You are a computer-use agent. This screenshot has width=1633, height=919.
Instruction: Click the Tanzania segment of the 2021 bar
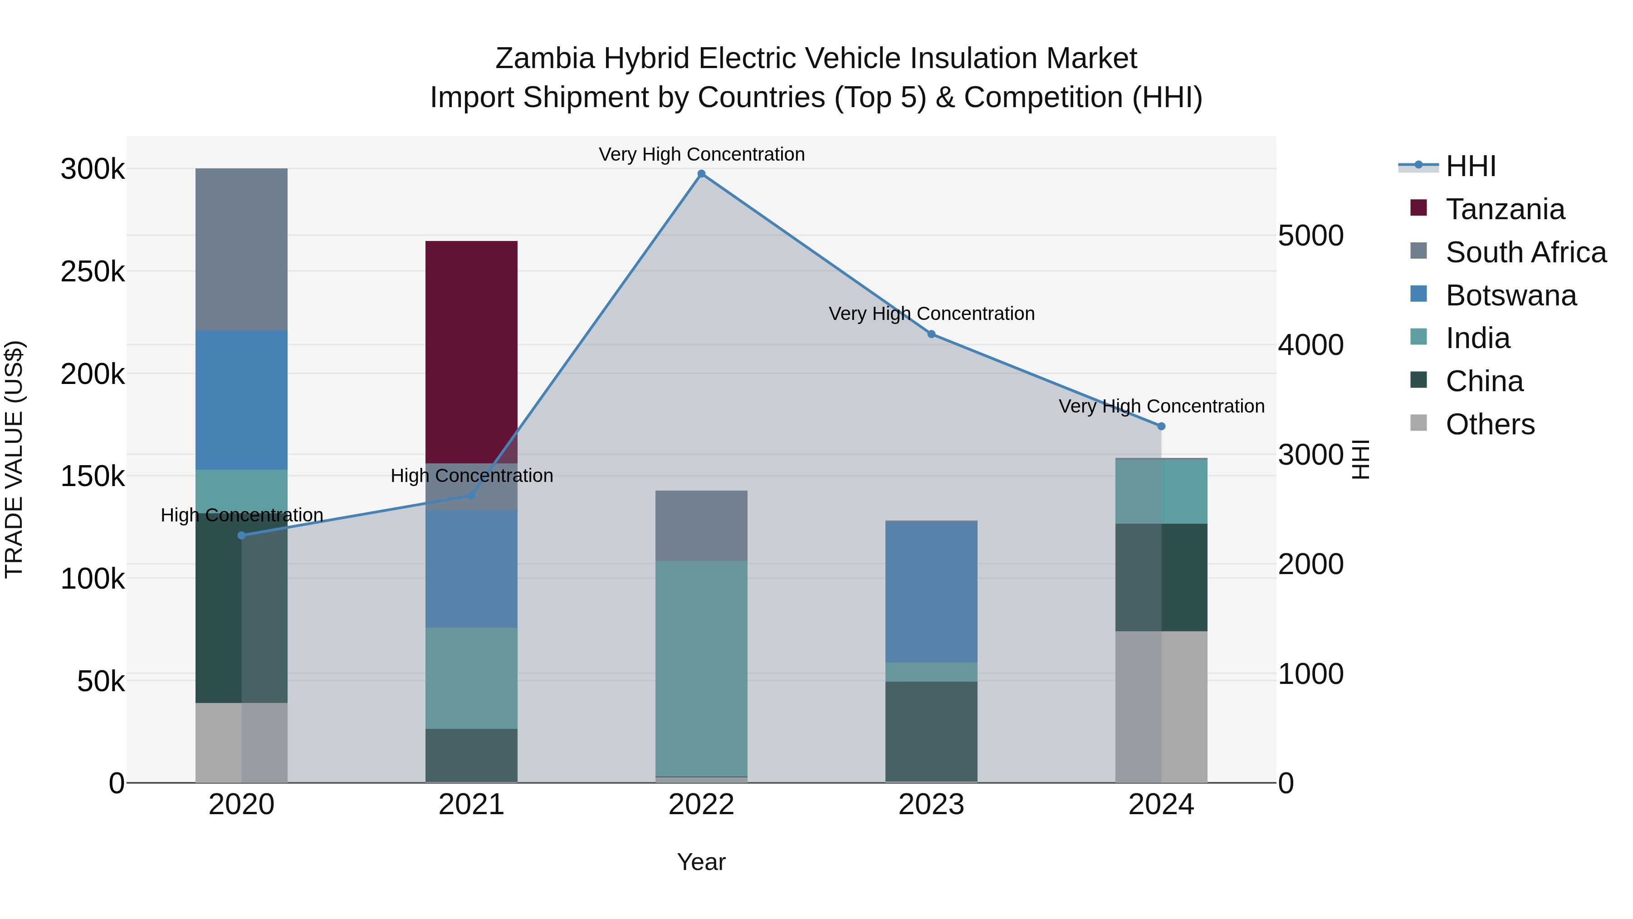471,352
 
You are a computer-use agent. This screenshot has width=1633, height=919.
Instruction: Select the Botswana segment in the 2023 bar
931,592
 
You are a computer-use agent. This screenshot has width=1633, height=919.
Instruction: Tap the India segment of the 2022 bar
701,668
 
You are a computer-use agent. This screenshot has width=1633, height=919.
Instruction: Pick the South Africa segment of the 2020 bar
241,249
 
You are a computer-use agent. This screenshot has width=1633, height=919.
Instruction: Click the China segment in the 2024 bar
1161,577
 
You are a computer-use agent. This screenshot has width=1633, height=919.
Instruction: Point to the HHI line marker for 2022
701,174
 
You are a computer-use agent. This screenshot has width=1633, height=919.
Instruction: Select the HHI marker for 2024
1161,426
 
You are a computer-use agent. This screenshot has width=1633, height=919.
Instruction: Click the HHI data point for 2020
241,536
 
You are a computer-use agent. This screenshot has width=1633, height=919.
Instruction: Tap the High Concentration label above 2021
472,476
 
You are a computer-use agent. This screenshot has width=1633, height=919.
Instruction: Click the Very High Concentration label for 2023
931,314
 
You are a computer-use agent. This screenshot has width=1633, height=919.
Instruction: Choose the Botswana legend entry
1511,295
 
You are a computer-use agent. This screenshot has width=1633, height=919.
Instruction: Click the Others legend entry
1490,424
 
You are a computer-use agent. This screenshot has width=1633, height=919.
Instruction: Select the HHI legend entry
1471,166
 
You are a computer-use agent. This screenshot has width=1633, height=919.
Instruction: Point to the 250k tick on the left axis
93,272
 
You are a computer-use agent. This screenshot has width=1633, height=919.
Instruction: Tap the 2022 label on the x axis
701,805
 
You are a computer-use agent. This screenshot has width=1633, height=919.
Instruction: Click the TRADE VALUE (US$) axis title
14,459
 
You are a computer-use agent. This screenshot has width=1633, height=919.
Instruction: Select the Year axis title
701,862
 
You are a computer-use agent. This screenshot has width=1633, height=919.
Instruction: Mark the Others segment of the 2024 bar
1161,707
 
